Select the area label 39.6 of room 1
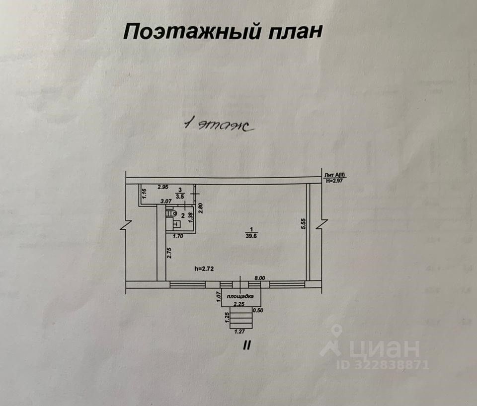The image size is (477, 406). pos(252,236)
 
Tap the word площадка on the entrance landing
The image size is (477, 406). pos(241,296)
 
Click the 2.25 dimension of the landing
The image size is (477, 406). pos(240,304)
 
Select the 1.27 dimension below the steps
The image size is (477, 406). pos(239,332)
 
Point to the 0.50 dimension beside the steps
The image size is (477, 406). pos(258,311)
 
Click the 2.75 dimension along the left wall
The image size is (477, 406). pos(169,253)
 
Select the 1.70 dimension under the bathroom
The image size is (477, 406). pos(178,237)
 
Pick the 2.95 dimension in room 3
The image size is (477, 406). pos(163,188)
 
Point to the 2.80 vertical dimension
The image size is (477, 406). pos(201,207)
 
